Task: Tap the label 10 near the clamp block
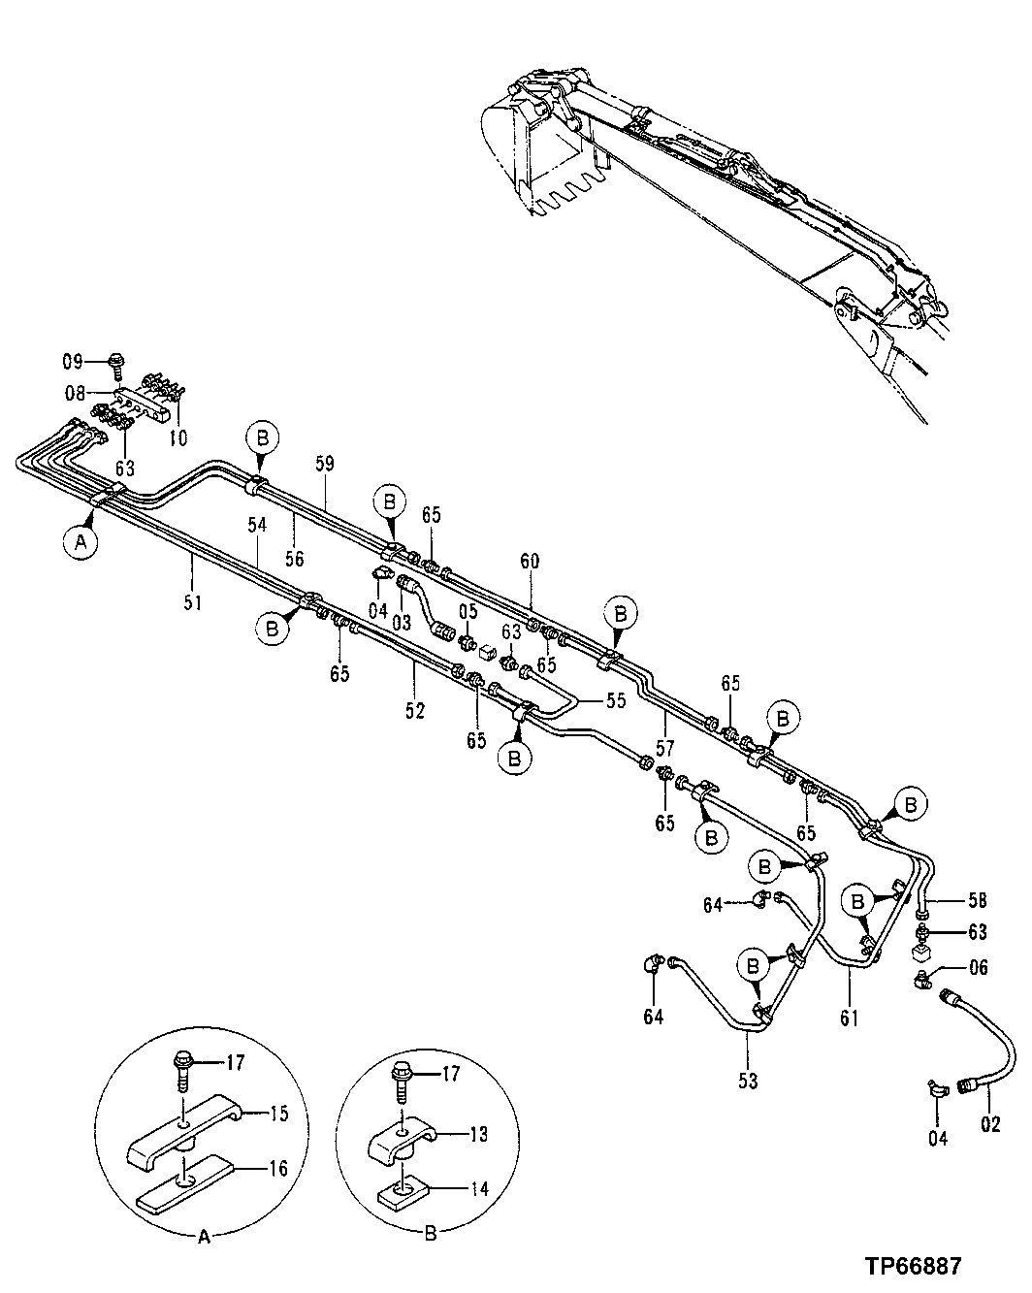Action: click(x=177, y=438)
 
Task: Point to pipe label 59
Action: click(x=324, y=464)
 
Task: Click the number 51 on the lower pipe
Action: click(x=193, y=602)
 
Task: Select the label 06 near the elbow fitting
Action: click(x=977, y=967)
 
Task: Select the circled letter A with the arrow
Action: click(x=81, y=543)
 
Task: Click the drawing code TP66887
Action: click(x=913, y=1267)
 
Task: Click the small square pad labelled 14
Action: click(x=403, y=1189)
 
